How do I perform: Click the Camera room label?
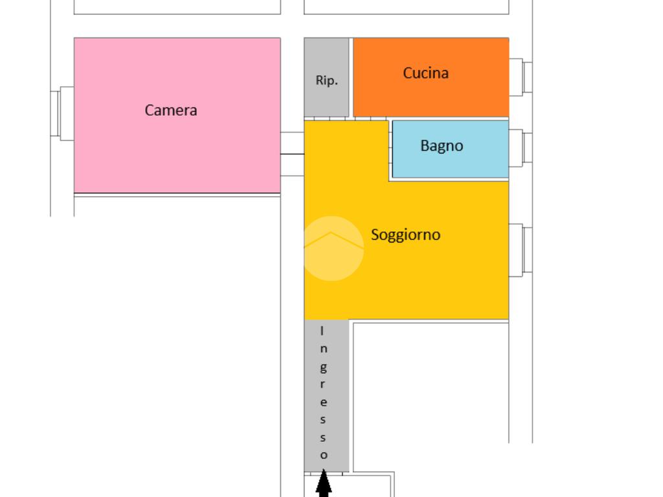(x=171, y=110)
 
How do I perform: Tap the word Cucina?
(x=425, y=73)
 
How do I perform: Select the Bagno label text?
(x=442, y=146)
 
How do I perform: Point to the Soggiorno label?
(x=405, y=234)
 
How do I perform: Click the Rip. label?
(x=326, y=80)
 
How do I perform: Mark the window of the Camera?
(x=62, y=113)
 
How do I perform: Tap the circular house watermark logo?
(x=331, y=248)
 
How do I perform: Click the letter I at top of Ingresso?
(x=323, y=331)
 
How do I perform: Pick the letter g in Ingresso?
(x=323, y=368)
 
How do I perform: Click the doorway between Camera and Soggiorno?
(x=292, y=154)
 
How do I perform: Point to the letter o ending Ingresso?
(x=324, y=455)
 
